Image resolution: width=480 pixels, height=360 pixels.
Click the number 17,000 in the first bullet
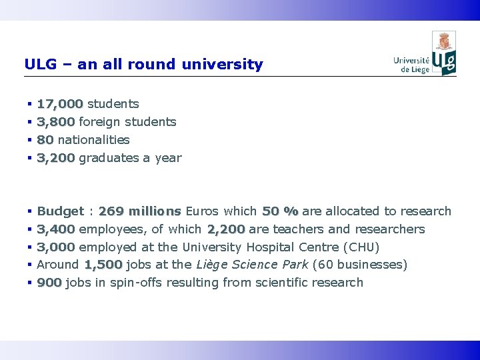pos(60,104)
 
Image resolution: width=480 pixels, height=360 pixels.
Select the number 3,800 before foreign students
pos(56,122)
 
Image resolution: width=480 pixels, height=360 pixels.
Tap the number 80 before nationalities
pos(45,140)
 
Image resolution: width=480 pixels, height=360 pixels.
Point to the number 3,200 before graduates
pos(56,158)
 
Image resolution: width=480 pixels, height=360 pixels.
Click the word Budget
pos(60,211)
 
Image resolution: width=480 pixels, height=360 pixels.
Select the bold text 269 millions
pos(139,211)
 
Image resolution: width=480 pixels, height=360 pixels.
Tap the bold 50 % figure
pos(280,211)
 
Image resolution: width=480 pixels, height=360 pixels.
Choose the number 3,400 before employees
pos(56,229)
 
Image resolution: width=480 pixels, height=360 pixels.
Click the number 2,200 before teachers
pos(226,229)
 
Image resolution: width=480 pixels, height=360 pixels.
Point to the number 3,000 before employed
pos(56,247)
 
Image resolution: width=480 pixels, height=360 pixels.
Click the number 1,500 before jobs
pos(103,265)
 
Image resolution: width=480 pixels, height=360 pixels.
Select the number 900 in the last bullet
pos(49,283)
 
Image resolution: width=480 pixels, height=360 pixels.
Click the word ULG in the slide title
pos(38,65)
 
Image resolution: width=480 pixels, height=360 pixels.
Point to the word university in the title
pos(227,65)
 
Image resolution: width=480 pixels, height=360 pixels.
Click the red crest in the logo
pos(444,42)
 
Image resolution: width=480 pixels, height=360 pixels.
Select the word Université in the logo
pos(411,60)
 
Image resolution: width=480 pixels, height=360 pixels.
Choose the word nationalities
pos(93,140)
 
